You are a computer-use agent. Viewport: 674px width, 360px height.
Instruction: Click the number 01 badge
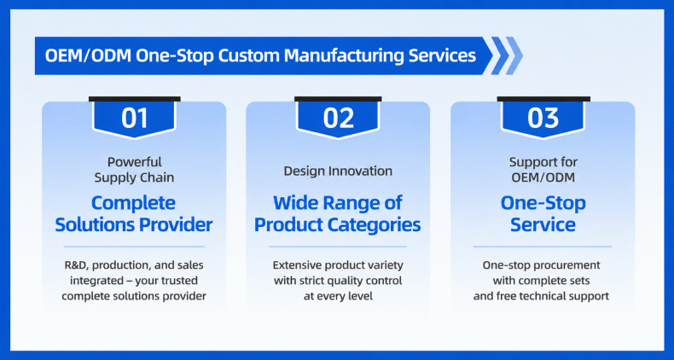click(135, 118)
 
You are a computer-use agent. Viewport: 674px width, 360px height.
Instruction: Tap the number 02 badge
click(338, 118)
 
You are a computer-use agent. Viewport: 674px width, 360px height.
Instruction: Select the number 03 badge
click(543, 118)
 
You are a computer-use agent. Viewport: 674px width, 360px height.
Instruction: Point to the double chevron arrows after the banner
click(508, 55)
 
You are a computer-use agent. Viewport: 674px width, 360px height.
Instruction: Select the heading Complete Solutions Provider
click(134, 214)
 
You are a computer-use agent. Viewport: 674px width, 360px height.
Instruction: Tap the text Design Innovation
click(338, 171)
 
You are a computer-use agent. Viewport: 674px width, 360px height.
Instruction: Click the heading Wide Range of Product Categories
click(338, 214)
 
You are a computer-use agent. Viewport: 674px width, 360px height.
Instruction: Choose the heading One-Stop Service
click(543, 214)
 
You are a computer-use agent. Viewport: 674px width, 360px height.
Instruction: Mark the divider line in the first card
click(134, 247)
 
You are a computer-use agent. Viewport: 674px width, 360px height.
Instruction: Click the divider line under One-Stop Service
click(543, 247)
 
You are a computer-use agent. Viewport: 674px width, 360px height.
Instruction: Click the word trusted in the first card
click(178, 281)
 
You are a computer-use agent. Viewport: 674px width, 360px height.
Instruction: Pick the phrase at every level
click(338, 296)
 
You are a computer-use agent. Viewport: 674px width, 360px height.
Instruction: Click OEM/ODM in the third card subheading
click(543, 177)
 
